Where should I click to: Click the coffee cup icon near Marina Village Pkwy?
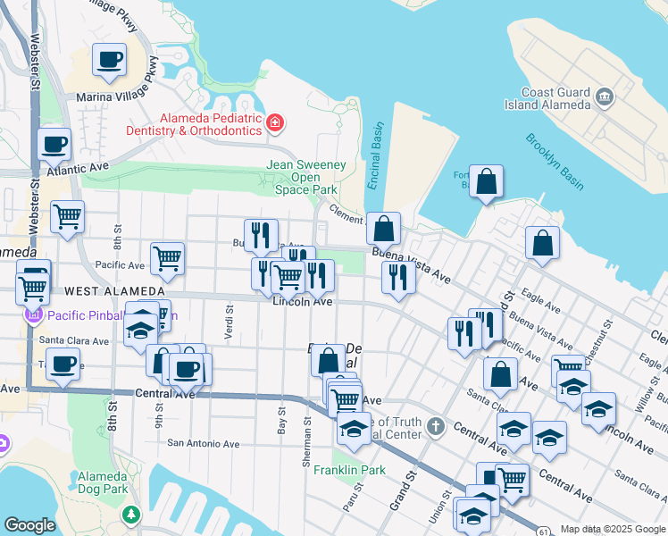[109, 60]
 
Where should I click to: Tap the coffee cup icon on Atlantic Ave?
[54, 144]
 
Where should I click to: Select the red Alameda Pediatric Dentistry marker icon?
[274, 122]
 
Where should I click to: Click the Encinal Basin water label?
[377, 156]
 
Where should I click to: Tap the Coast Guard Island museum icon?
[605, 95]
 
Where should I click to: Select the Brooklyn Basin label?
[555, 161]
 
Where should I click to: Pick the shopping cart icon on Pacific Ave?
[167, 259]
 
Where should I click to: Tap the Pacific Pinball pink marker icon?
[34, 314]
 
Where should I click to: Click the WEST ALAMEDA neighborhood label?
[114, 291]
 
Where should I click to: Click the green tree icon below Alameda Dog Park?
[131, 515]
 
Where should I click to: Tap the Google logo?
[29, 525]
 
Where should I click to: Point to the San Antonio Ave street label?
[204, 443]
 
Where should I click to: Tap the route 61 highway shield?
[545, 531]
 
